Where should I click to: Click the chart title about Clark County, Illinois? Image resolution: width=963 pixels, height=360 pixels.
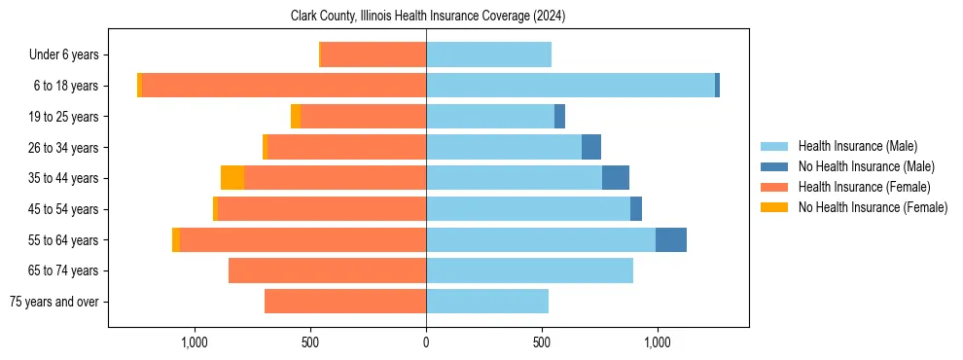pos(428,17)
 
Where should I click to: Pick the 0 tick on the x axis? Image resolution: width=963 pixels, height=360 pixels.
pos(426,342)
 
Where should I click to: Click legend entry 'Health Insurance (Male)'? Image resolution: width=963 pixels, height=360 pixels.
pos(857,146)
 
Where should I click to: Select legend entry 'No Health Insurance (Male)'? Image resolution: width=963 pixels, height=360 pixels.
pos(866,166)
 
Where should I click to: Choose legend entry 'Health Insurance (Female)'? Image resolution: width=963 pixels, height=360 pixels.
pos(864,187)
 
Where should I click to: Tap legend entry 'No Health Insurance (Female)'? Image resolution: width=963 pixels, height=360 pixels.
pos(873,207)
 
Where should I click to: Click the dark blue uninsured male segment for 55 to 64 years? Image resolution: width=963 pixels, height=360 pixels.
pos(671,240)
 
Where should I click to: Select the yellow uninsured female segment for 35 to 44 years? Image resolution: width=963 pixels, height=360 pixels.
pos(232,178)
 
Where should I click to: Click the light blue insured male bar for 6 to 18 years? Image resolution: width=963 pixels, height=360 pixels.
pos(570,86)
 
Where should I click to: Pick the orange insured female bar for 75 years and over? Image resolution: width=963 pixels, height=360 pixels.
pos(345,302)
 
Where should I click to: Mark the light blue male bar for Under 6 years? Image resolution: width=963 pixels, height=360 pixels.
pos(488,55)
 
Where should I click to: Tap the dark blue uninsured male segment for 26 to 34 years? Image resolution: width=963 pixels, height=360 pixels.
pos(591,148)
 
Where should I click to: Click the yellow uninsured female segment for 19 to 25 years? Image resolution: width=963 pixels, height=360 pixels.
pos(296,117)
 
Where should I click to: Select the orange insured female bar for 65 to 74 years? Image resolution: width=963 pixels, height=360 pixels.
pos(327,270)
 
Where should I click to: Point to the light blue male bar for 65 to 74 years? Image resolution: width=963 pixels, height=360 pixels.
pos(529,270)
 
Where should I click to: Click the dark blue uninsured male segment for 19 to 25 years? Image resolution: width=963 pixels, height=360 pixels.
pos(559,117)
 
